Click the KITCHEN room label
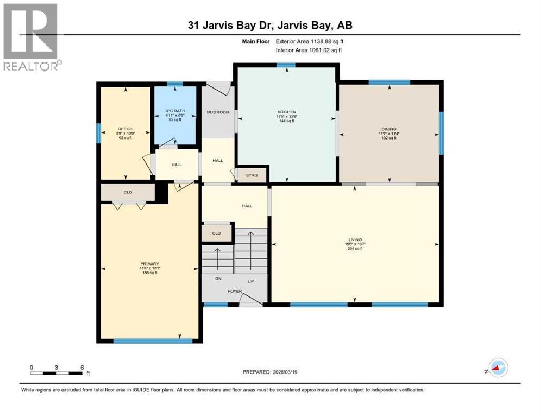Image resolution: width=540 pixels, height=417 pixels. coord(286,112)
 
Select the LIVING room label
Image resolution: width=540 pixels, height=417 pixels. coord(355,239)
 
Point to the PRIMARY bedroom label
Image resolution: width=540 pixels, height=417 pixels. coord(149,264)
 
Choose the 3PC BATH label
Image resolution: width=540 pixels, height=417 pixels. coord(174,111)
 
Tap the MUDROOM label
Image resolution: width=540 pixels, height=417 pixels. coord(218,112)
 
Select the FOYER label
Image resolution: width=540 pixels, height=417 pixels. coord(235,292)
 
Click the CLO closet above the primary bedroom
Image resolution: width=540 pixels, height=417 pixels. coord(128,192)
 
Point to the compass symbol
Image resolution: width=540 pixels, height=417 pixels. coord(498,368)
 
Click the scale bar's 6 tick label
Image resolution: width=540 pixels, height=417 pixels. coord(81,367)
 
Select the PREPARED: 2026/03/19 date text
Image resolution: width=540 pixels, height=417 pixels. coord(269,372)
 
